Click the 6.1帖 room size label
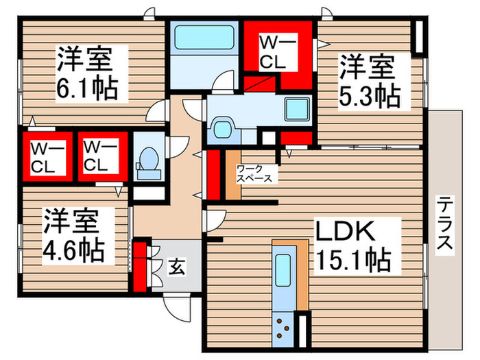pos(86,87)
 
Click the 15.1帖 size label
pos(353,260)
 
